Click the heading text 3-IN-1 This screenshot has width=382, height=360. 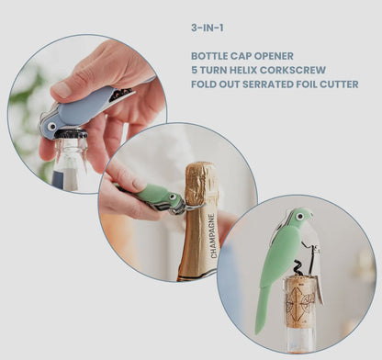point(208,28)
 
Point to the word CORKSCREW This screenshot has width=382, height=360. point(293,70)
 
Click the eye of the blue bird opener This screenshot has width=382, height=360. point(51,127)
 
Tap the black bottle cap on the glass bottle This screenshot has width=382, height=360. point(71,134)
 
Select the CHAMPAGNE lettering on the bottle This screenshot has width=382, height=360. point(213,235)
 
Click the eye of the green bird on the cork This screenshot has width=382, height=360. point(300,217)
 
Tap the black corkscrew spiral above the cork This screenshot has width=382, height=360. point(298,268)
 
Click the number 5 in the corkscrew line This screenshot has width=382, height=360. point(195,70)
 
